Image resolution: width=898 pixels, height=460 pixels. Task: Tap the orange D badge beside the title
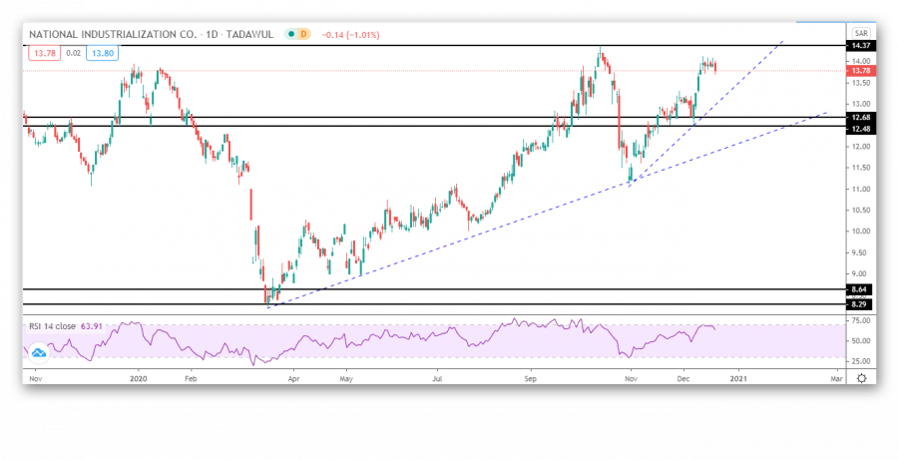click(x=304, y=34)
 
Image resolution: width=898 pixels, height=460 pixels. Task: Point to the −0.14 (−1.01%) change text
click(x=349, y=34)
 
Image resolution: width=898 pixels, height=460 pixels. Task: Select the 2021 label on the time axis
click(x=738, y=379)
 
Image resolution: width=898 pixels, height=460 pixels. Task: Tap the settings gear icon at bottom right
click(x=860, y=379)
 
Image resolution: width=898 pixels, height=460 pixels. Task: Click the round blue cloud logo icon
click(x=39, y=352)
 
